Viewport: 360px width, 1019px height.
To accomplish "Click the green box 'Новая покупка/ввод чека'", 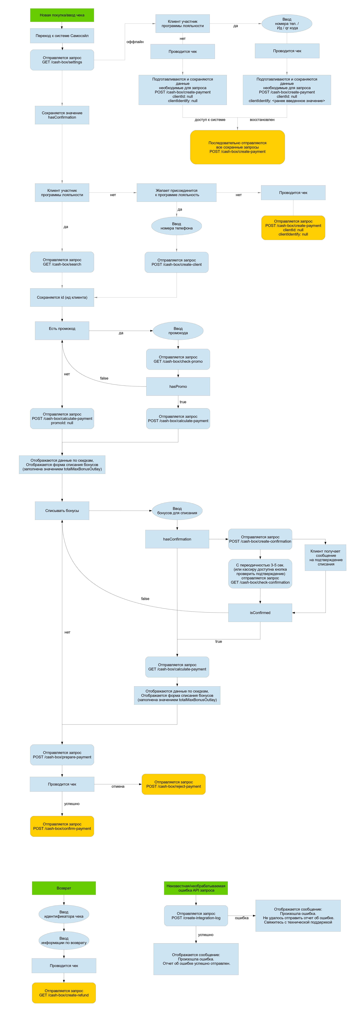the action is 62,15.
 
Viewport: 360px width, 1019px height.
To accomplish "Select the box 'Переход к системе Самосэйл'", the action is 62,36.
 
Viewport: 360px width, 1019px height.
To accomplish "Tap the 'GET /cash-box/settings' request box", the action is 62,60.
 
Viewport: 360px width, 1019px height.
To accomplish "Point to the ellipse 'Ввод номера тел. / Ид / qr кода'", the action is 287,24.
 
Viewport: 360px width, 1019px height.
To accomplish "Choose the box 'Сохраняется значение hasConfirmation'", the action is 62,115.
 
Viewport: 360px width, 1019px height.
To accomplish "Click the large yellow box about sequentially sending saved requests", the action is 237,147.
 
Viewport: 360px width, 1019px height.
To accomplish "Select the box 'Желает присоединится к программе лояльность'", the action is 176,193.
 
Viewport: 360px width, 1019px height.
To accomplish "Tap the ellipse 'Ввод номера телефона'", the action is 176,226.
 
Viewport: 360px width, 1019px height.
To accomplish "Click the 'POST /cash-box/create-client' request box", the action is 176,262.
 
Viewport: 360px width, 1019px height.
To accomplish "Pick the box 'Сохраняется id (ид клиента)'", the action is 62,297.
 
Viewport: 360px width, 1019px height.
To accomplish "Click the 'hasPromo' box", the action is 178,387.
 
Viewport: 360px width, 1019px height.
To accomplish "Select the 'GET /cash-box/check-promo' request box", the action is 178,359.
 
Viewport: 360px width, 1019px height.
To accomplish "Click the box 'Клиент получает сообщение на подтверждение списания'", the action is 326,558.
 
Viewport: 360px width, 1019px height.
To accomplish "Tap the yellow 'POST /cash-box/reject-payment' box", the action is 174,784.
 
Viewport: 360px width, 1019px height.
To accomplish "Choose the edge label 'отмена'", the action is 118,786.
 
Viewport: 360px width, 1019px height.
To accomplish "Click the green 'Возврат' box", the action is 64,888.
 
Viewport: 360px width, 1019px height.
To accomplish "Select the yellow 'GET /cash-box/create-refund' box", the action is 64,993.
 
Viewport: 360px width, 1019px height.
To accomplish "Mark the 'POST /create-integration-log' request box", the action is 196,916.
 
